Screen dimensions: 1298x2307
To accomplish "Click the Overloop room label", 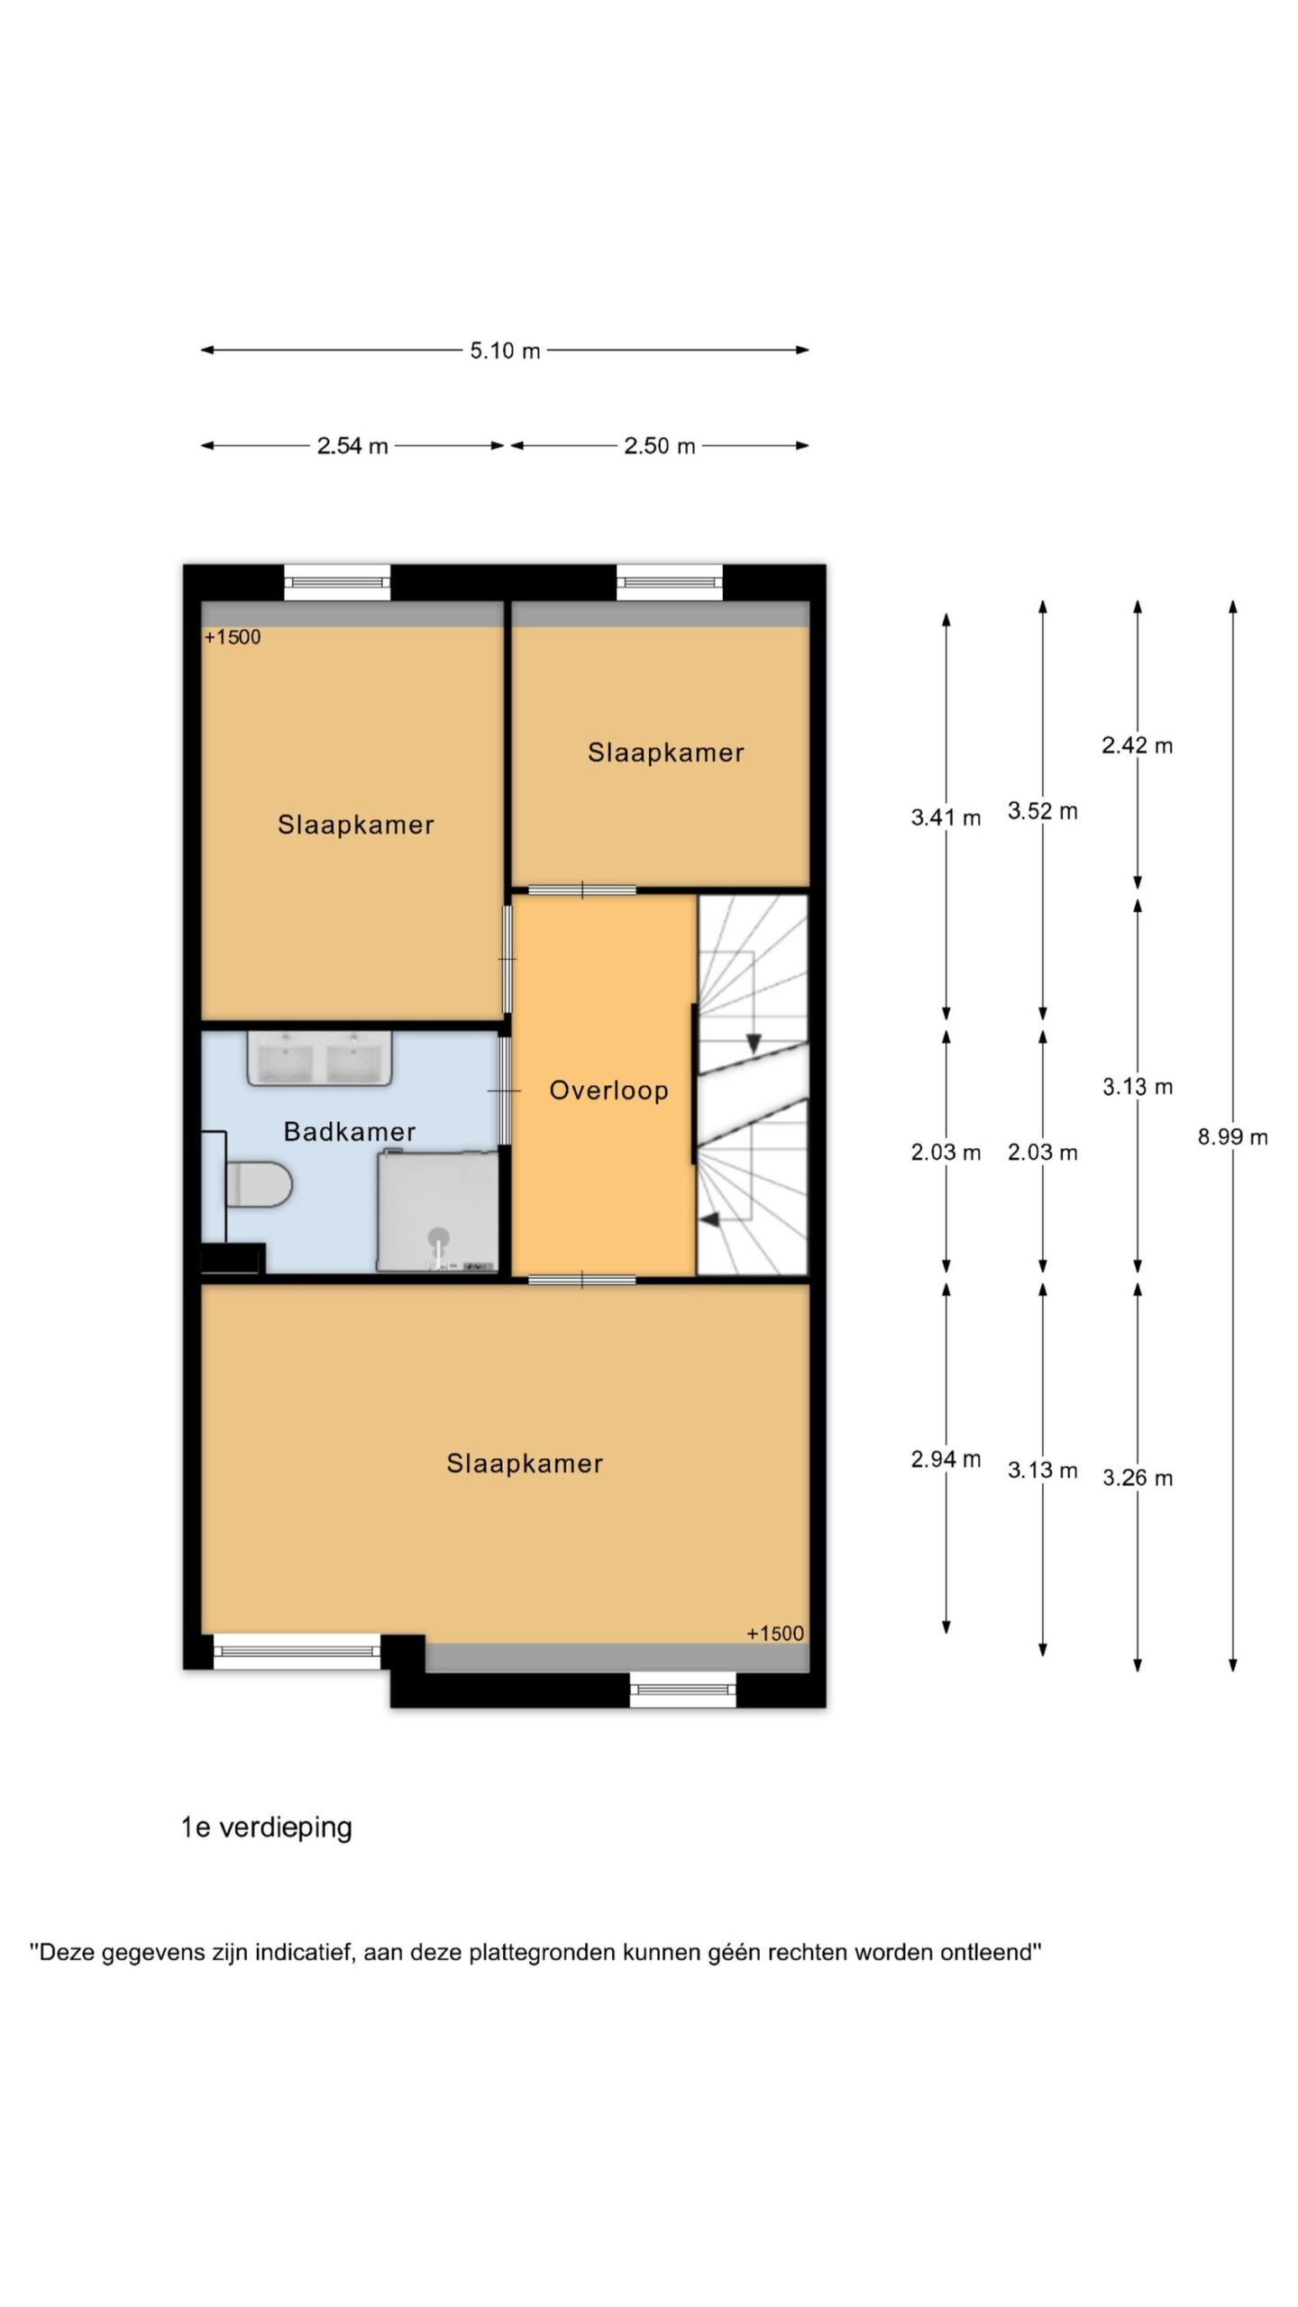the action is [x=608, y=1090].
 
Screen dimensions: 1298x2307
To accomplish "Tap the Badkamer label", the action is [x=350, y=1132].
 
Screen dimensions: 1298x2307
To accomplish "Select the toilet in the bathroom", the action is [x=259, y=1184].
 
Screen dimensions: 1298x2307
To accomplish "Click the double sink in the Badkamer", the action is [x=320, y=1059].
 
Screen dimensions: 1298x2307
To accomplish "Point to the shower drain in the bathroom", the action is [x=439, y=1236].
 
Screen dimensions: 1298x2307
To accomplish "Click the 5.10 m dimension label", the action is [x=505, y=351].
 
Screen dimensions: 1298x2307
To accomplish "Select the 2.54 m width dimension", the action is [x=352, y=445].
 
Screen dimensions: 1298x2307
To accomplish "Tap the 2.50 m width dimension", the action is [x=660, y=445].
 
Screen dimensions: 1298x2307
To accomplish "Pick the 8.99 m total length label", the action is [x=1232, y=1137].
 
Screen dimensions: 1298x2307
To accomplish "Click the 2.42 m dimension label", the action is [x=1138, y=745].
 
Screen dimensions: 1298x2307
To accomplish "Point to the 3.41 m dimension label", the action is [x=946, y=817].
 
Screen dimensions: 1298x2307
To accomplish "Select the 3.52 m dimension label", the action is [x=1043, y=811].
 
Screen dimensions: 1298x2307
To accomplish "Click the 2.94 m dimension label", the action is [x=946, y=1459].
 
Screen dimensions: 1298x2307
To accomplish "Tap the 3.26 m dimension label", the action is [x=1138, y=1478].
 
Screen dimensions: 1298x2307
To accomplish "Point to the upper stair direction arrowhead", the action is [x=754, y=1044].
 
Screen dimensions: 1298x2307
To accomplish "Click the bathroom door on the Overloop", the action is [x=506, y=1091].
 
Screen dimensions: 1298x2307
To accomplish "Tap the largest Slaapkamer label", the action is [x=525, y=1464].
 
